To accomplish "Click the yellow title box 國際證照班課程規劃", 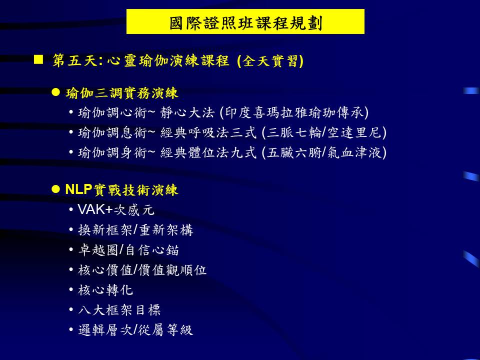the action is pos(245,21).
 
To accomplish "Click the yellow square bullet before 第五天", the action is pos(38,59).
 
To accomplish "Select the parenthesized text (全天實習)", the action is pos(270,60).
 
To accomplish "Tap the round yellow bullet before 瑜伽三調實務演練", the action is pos(55,92).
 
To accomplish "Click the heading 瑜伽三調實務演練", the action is pos(121,93).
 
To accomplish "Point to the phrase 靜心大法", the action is pos(187,112).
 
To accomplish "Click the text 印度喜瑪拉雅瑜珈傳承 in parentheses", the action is pos(294,112).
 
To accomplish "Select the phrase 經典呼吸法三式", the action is pos(208,132).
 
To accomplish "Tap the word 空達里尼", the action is pos(354,132).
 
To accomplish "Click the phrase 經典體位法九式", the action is pos(208,152).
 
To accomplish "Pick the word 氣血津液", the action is pos(354,152).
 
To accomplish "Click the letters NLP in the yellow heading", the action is pos(78,189).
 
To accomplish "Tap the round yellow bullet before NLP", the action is pos(55,189).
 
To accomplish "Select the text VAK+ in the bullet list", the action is pos(95,209).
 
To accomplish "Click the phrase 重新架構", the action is pos(166,230).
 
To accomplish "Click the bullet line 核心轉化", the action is pos(105,290).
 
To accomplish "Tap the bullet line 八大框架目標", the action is pos(119,310).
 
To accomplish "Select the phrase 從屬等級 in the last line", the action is pos(165,329).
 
